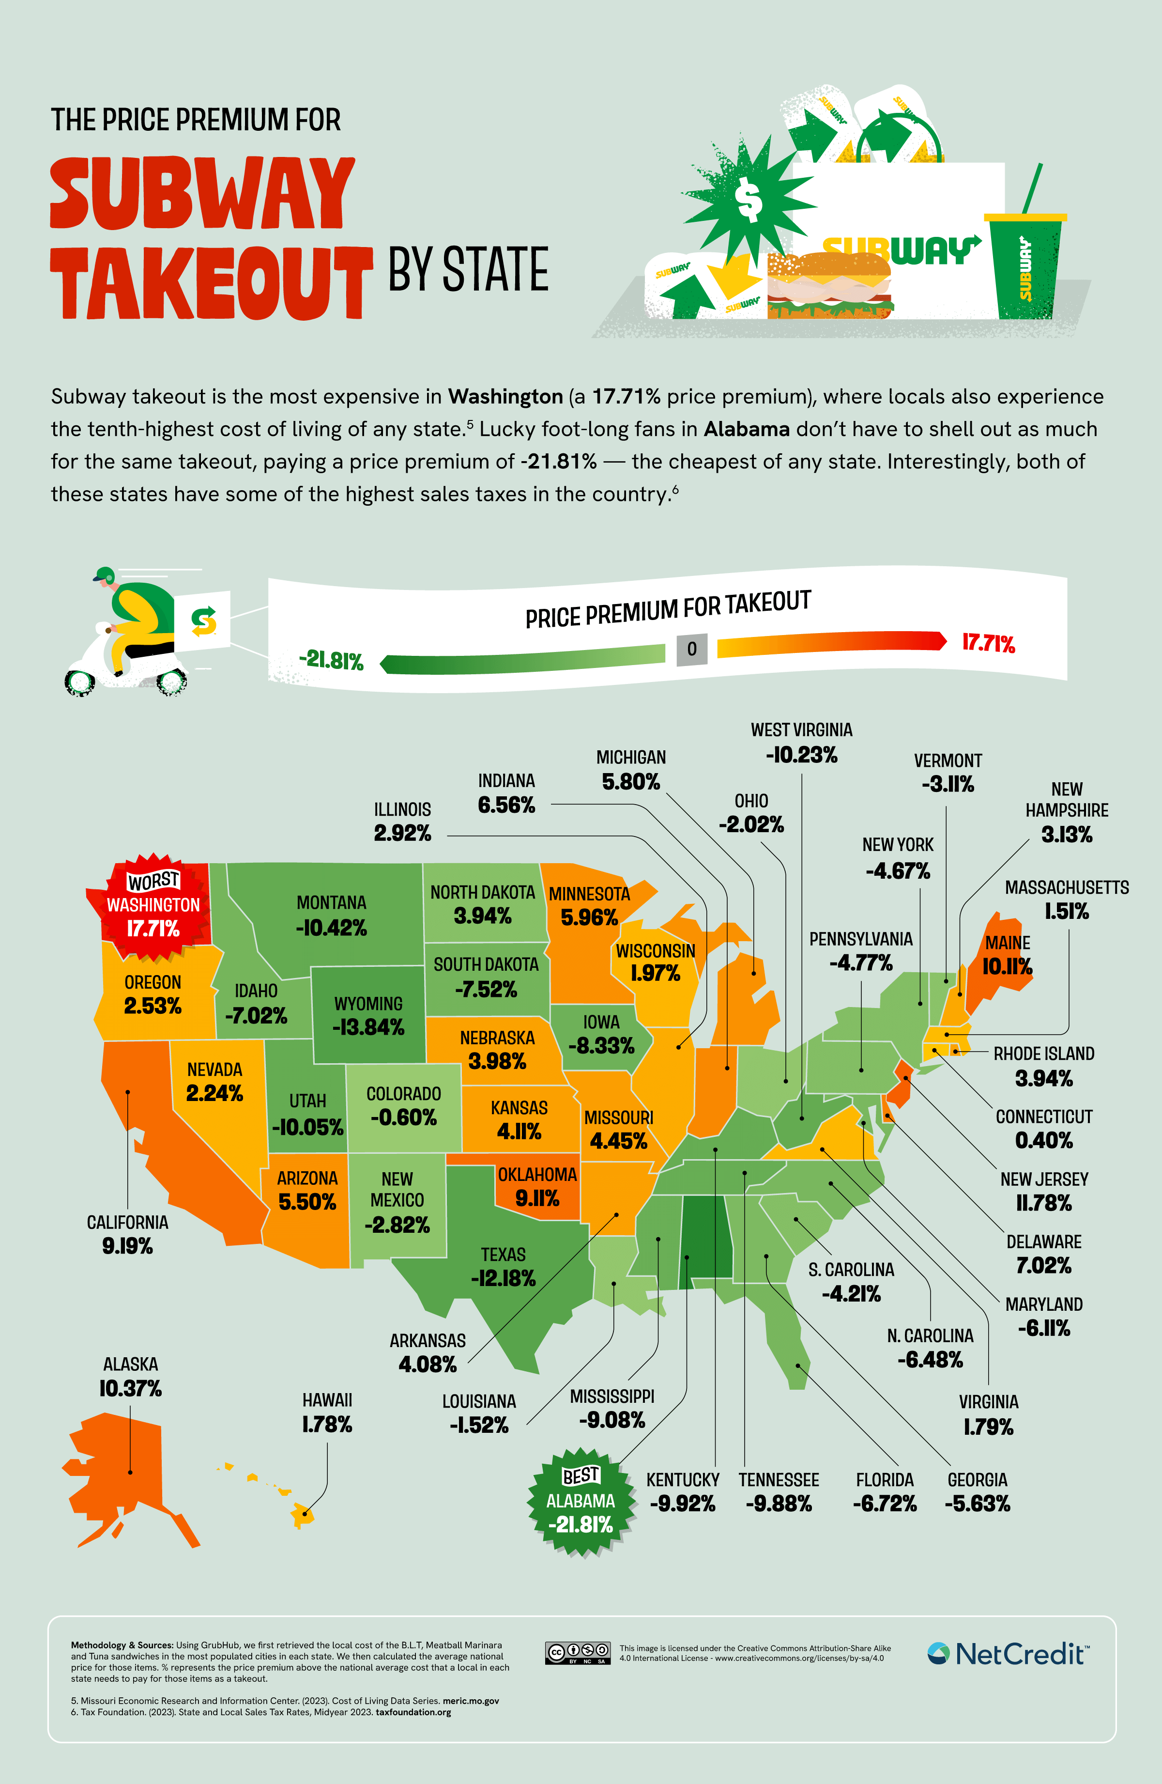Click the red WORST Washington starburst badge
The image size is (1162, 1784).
[153, 905]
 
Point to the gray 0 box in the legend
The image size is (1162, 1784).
[691, 649]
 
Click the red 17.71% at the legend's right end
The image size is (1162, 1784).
[988, 643]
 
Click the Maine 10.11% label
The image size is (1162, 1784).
[1007, 956]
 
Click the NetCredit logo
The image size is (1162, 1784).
[1008, 1654]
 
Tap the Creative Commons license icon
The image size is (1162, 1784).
[577, 1653]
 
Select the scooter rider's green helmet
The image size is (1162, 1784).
[106, 575]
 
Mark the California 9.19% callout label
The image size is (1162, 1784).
[127, 1235]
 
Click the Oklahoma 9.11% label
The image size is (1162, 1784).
[537, 1187]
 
